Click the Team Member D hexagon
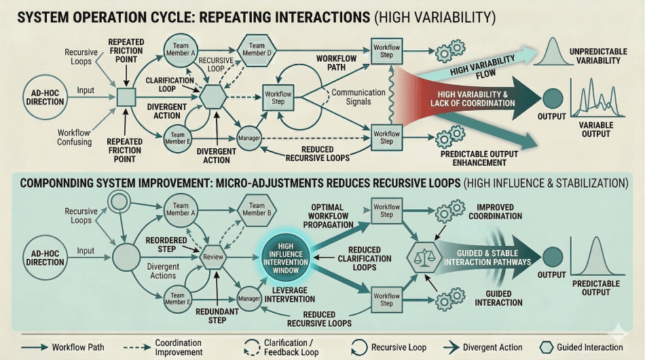pos(257,49)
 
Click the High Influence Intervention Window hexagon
pos(284,257)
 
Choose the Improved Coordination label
pos(499,212)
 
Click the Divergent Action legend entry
pos(483,347)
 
